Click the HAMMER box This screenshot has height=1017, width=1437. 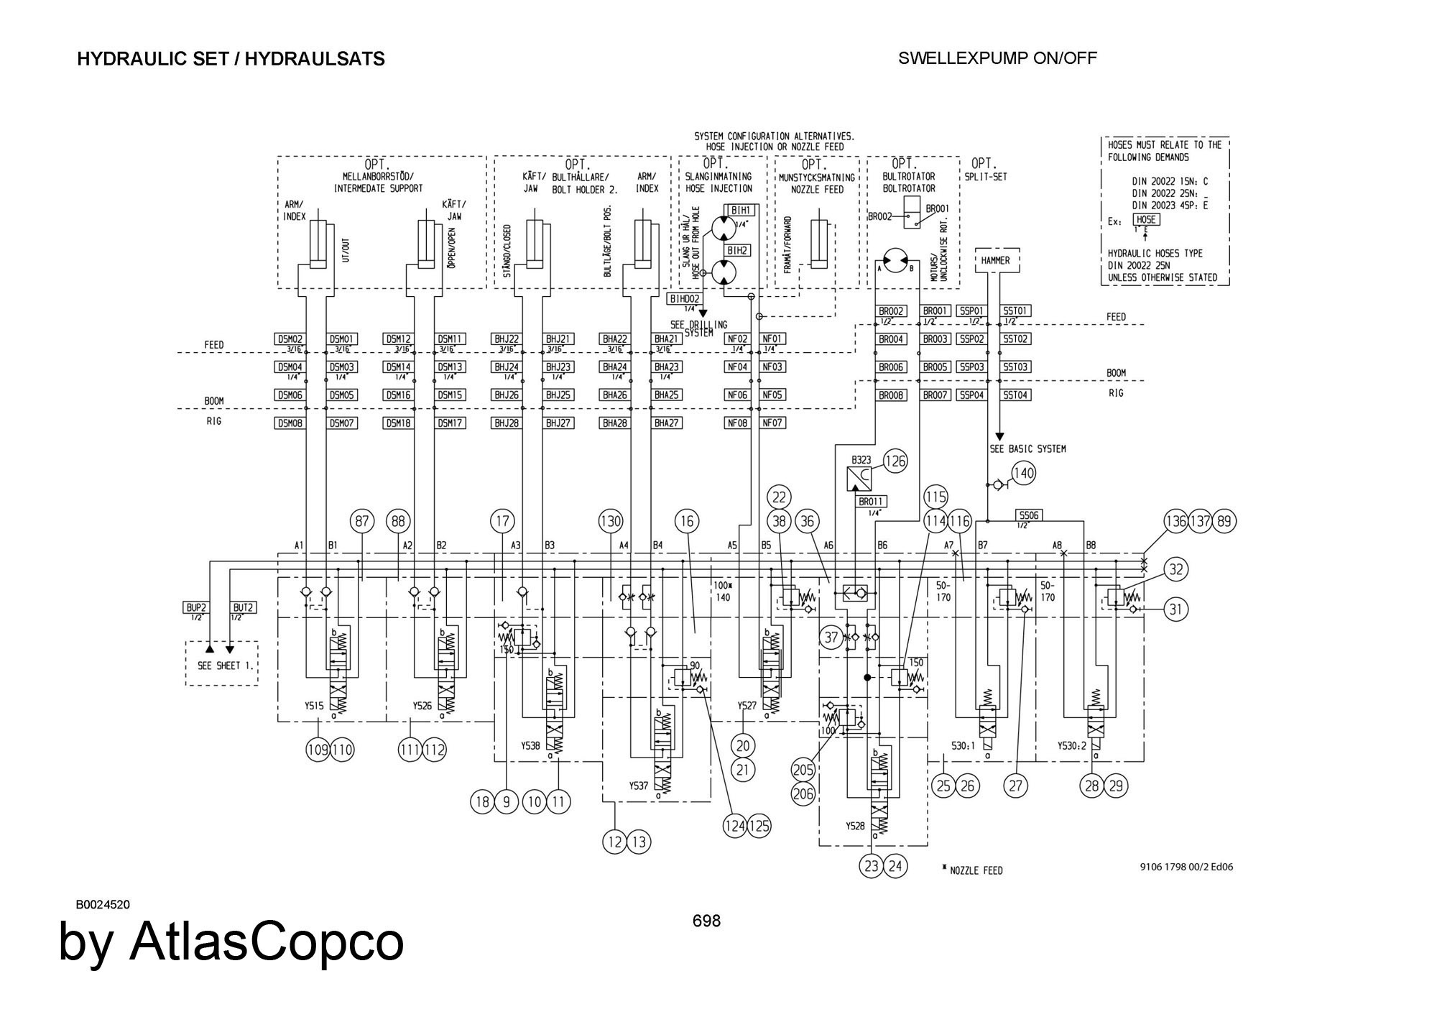click(x=995, y=260)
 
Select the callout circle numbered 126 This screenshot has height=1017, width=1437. click(x=895, y=461)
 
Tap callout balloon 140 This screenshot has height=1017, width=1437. click(x=1023, y=473)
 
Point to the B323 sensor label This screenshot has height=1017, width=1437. click(x=861, y=460)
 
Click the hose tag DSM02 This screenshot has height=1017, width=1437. click(x=290, y=339)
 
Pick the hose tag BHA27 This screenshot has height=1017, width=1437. click(x=667, y=423)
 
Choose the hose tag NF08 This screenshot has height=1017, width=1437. click(x=738, y=423)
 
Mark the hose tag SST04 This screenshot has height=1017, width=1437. click(x=1016, y=395)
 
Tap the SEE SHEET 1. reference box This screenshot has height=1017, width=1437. click(x=222, y=665)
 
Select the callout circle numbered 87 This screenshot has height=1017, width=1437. click(x=362, y=521)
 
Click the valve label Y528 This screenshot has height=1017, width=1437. click(x=855, y=826)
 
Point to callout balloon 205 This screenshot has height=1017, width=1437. click(x=803, y=770)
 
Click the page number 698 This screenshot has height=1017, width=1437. click(x=706, y=921)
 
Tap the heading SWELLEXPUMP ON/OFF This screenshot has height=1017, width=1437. click(x=997, y=58)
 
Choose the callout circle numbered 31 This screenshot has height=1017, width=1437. click(x=1175, y=609)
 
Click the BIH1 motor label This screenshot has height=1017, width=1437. click(x=741, y=210)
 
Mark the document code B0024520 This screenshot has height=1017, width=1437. click(x=103, y=904)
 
